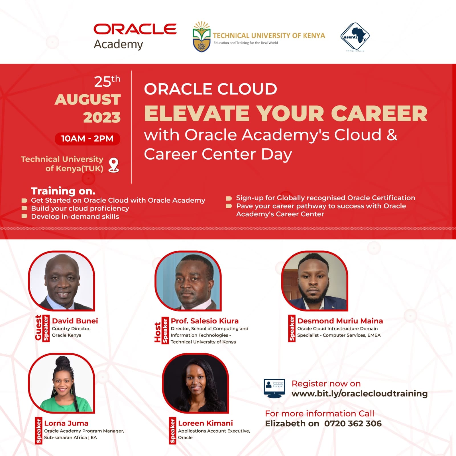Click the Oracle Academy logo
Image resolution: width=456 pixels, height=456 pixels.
point(135,36)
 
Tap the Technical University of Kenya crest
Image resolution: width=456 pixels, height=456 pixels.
point(201,36)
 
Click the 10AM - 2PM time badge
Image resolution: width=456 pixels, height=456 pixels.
point(87,139)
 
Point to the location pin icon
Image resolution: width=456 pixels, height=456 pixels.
point(114,165)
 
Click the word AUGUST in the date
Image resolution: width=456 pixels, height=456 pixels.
point(88,99)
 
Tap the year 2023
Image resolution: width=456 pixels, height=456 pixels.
point(102,117)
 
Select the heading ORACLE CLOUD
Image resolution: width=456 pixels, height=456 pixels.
point(210,89)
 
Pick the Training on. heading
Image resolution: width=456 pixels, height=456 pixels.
point(63,191)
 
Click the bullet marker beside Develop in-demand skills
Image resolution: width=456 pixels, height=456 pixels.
point(25,216)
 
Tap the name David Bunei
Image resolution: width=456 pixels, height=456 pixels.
point(75,321)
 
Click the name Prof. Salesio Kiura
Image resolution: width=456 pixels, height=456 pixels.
point(205,321)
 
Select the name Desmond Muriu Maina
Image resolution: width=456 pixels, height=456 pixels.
point(340,321)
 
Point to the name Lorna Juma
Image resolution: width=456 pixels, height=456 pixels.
point(66,423)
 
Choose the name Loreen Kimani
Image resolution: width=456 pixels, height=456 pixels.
point(205,423)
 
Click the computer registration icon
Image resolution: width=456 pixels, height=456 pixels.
point(274,388)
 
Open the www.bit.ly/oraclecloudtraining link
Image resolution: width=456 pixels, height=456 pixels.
point(359,394)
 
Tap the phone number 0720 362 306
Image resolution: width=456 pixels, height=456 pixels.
point(353,424)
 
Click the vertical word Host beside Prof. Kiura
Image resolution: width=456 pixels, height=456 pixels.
point(158,332)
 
